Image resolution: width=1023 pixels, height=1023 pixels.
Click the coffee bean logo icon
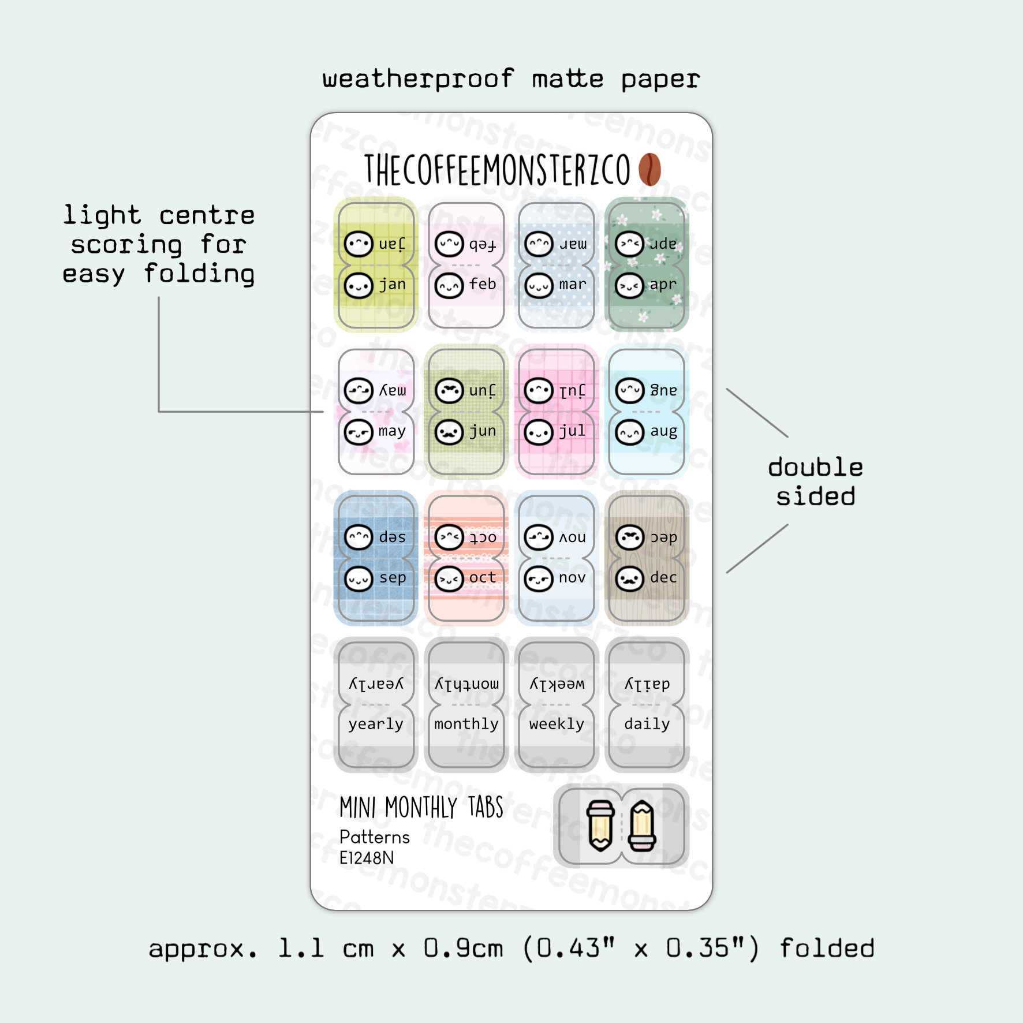point(649,170)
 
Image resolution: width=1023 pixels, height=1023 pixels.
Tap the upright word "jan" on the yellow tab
point(393,285)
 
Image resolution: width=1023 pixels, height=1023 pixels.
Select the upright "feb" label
point(483,285)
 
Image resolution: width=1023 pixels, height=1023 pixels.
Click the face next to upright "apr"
point(629,285)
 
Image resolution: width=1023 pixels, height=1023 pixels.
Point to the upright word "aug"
point(663,431)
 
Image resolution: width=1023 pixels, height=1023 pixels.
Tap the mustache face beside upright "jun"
point(449,432)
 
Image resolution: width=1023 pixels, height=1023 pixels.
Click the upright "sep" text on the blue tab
point(393,578)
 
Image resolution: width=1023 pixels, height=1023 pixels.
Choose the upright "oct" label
point(483,578)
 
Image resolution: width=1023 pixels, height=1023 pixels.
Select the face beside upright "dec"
point(629,578)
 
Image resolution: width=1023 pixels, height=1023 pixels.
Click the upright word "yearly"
point(376,725)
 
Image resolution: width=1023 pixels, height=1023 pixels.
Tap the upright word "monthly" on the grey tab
point(466,724)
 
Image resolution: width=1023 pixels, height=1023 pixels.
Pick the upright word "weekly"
point(557,724)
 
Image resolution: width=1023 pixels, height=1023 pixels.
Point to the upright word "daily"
point(647,725)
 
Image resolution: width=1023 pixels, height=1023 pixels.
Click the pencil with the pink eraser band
point(642,827)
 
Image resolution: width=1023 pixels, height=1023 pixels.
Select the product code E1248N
point(367,858)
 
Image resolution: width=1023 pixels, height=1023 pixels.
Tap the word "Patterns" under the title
point(375,837)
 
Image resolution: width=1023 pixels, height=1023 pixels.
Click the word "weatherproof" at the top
point(418,79)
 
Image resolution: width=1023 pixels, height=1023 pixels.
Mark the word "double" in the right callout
point(815,468)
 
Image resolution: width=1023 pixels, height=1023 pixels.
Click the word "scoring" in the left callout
point(126,245)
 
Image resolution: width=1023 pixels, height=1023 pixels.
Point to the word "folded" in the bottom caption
point(827,949)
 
